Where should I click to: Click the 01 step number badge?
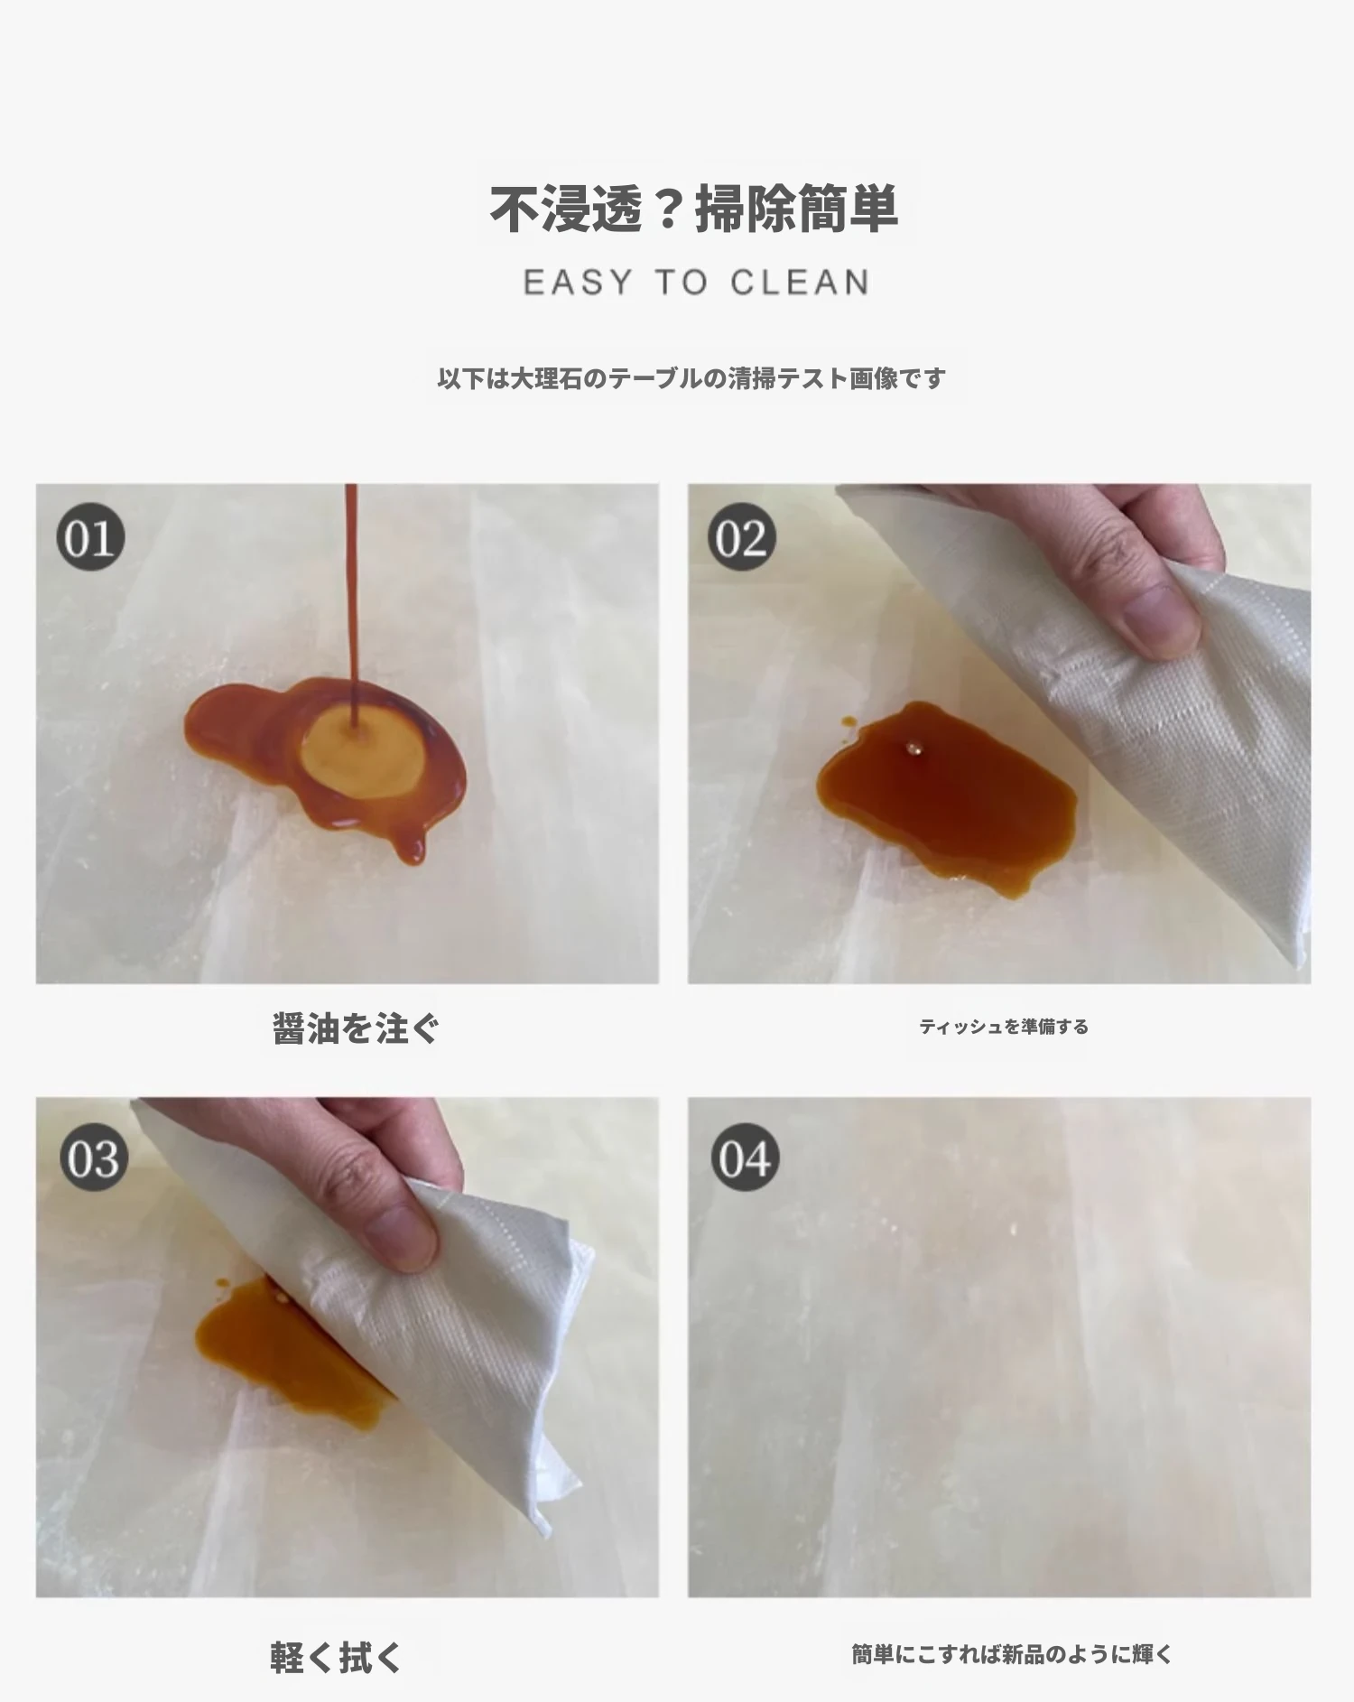tap(90, 538)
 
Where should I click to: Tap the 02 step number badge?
tap(742, 538)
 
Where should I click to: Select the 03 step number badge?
tap(94, 1158)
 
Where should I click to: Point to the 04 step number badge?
tap(745, 1158)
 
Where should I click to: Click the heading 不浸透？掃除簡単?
tap(693, 209)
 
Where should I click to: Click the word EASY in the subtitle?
tap(579, 283)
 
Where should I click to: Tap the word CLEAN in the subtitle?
tap(800, 283)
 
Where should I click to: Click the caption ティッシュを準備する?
tap(1004, 1027)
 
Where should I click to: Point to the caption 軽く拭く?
tap(336, 1658)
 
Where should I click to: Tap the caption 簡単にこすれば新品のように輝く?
tap(1012, 1654)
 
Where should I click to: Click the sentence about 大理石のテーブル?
tap(691, 377)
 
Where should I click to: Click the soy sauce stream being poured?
tap(352, 605)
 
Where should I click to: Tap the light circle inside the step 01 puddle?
tap(362, 752)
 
